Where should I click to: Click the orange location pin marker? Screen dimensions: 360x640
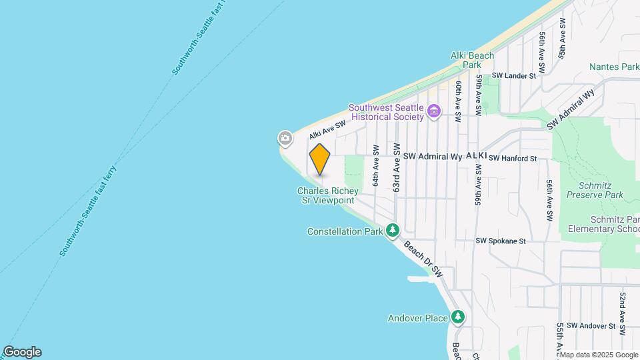320,159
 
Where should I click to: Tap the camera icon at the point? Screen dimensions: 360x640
285,139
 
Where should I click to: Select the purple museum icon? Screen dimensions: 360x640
435,111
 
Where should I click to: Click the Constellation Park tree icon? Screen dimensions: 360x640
393,231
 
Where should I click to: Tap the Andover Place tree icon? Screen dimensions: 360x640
457,317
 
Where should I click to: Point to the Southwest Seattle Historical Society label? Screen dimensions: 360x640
387,112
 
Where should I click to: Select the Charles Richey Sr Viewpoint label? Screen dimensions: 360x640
327,195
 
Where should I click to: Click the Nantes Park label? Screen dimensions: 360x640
614,67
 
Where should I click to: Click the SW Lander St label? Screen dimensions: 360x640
514,76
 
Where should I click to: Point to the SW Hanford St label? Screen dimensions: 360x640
513,158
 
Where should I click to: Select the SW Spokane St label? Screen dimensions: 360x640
501,241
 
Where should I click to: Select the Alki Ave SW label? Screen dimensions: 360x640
327,129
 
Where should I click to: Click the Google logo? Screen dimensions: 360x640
22,351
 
